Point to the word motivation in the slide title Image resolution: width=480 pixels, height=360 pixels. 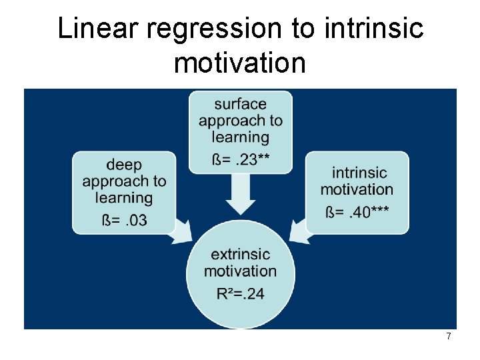[240, 63]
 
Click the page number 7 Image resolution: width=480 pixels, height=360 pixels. [449, 337]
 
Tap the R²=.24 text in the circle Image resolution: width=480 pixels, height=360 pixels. [240, 293]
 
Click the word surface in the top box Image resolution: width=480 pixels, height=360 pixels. [240, 104]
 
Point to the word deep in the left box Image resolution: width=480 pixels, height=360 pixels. [124, 165]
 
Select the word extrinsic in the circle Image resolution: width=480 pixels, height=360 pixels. [240, 254]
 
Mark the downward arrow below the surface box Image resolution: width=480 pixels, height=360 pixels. [240, 195]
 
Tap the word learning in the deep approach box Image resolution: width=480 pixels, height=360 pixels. [124, 198]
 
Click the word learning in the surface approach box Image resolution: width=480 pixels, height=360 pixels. [240, 138]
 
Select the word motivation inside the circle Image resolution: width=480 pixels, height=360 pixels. [240, 271]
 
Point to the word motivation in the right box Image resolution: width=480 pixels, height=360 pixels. [357, 189]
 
